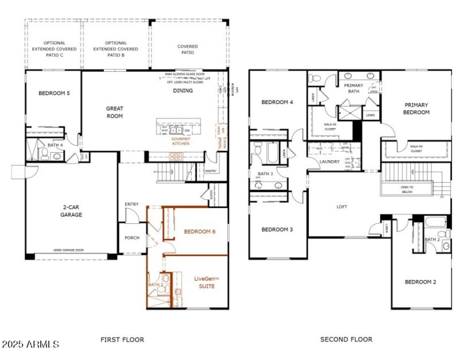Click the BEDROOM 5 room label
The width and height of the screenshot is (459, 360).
(54, 93)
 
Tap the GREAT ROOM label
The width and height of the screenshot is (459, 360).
(115, 112)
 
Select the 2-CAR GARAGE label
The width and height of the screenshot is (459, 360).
(72, 211)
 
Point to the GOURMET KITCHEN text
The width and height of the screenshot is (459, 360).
(180, 141)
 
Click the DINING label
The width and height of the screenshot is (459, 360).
(184, 91)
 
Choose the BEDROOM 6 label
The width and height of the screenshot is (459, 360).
(200, 231)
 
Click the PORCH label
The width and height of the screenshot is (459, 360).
(132, 238)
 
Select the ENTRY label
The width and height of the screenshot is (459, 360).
(131, 204)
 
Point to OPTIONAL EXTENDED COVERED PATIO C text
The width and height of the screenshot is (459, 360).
(54, 49)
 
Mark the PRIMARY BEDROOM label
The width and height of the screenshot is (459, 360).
(417, 109)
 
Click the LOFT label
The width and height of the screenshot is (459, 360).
(341, 207)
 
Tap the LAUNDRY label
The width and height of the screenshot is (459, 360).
(329, 161)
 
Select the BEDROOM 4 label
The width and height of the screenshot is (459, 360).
(277, 102)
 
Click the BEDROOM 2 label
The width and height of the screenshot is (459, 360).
(421, 282)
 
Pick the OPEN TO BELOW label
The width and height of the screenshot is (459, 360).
(407, 190)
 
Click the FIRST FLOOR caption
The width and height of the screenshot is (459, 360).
(122, 340)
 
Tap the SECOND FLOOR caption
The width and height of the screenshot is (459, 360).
(346, 340)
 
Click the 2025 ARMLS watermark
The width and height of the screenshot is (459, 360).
(30, 344)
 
